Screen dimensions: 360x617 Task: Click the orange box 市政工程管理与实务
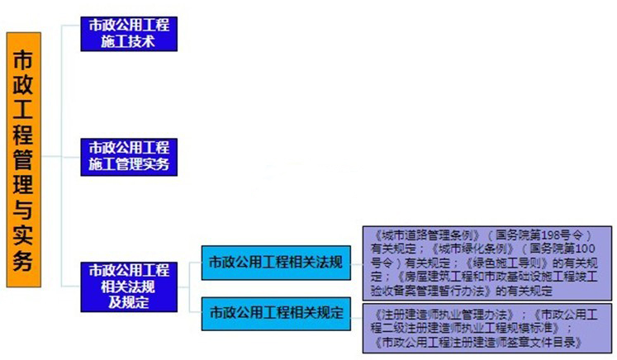tap(22, 159)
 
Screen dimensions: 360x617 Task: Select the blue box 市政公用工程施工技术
tap(129, 33)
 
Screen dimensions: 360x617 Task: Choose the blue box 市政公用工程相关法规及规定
tap(129, 286)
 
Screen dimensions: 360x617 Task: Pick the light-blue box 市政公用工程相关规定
tap(276, 314)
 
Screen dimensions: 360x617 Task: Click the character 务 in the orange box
tap(22, 262)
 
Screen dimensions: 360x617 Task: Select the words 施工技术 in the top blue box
tap(129, 41)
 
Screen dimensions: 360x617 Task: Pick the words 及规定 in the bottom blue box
tap(129, 301)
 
